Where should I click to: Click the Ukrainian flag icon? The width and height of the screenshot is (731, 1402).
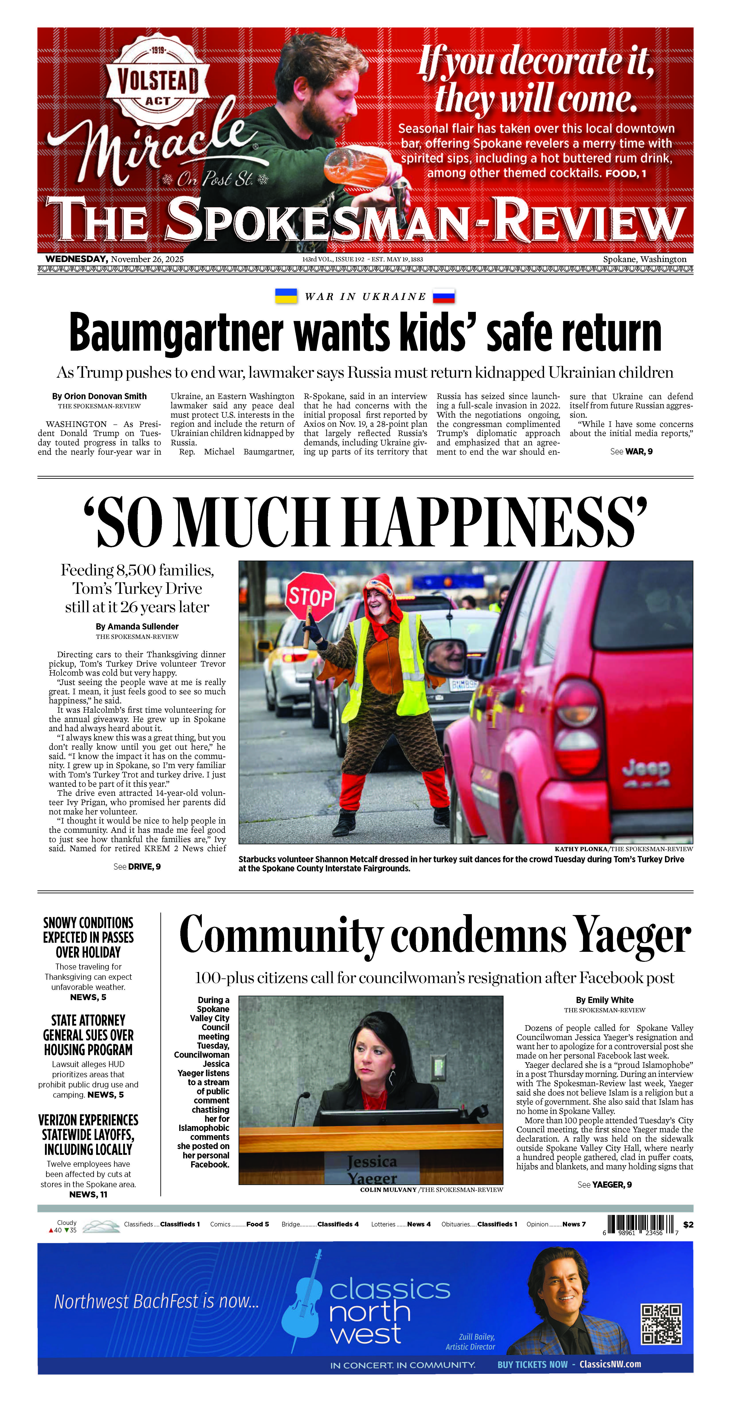point(286,296)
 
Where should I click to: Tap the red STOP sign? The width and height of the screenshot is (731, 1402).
point(310,598)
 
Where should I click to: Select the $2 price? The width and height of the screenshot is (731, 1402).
point(688,1225)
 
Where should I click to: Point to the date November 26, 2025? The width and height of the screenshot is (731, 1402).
point(147,259)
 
